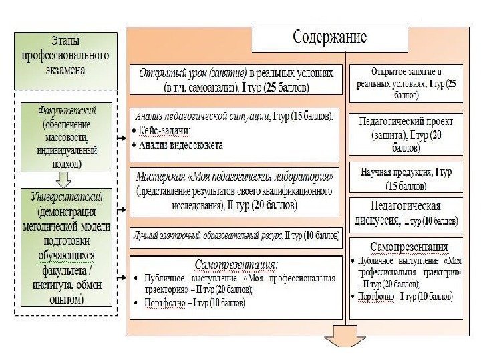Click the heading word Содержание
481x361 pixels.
(x=329, y=37)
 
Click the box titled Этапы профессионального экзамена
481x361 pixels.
(x=65, y=58)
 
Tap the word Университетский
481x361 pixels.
(x=66, y=197)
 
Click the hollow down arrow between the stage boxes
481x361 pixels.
(x=64, y=178)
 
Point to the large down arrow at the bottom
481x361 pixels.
(x=342, y=340)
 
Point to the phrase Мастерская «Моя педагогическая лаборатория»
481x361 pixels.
(x=234, y=178)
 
